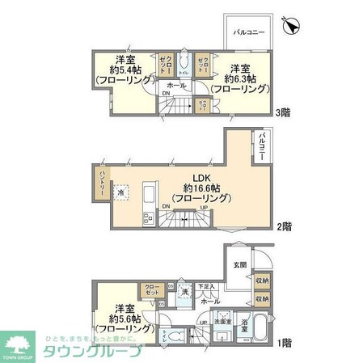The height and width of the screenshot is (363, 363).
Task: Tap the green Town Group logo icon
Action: [19, 346]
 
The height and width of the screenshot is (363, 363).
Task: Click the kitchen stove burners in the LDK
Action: [147, 217]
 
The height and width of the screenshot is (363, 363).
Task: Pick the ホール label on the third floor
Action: [175, 85]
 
